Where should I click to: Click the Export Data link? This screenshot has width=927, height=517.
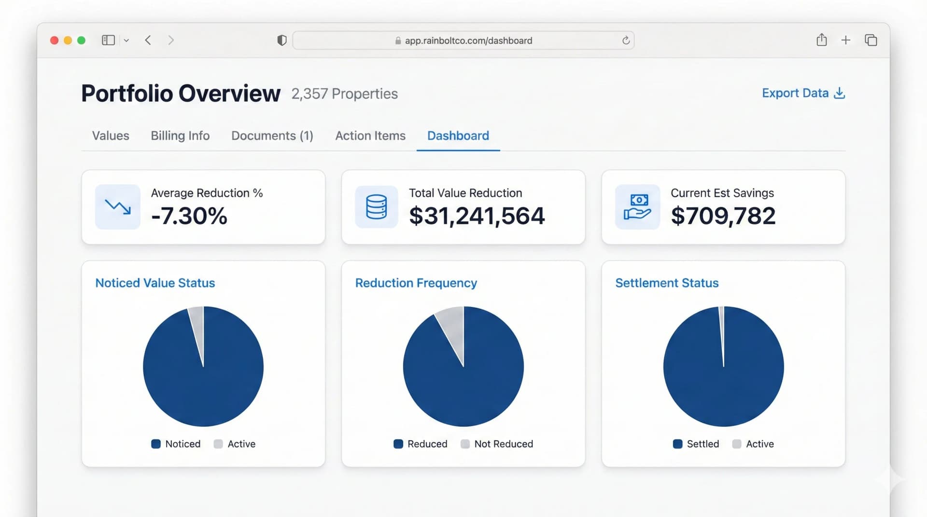[x=803, y=93]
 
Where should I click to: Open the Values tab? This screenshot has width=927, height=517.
[x=111, y=136]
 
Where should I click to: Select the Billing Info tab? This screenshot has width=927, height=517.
[x=180, y=136]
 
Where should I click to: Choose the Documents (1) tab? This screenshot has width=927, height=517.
[x=272, y=136]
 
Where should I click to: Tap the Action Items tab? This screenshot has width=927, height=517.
[x=370, y=136]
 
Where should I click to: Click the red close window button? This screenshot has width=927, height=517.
[x=55, y=41]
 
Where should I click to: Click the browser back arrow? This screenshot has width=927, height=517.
[x=148, y=41]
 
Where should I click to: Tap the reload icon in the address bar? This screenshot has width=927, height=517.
[x=626, y=41]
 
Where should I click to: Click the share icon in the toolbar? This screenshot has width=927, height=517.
[x=821, y=40]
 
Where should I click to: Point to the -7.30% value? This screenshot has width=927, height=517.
[x=189, y=216]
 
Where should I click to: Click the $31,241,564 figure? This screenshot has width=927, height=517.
[x=477, y=216]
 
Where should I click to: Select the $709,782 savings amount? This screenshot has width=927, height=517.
[x=723, y=216]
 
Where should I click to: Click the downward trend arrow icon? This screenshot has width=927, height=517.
[x=118, y=207]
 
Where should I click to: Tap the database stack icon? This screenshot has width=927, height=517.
[x=376, y=207]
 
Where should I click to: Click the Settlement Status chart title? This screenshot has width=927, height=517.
[x=667, y=283]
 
